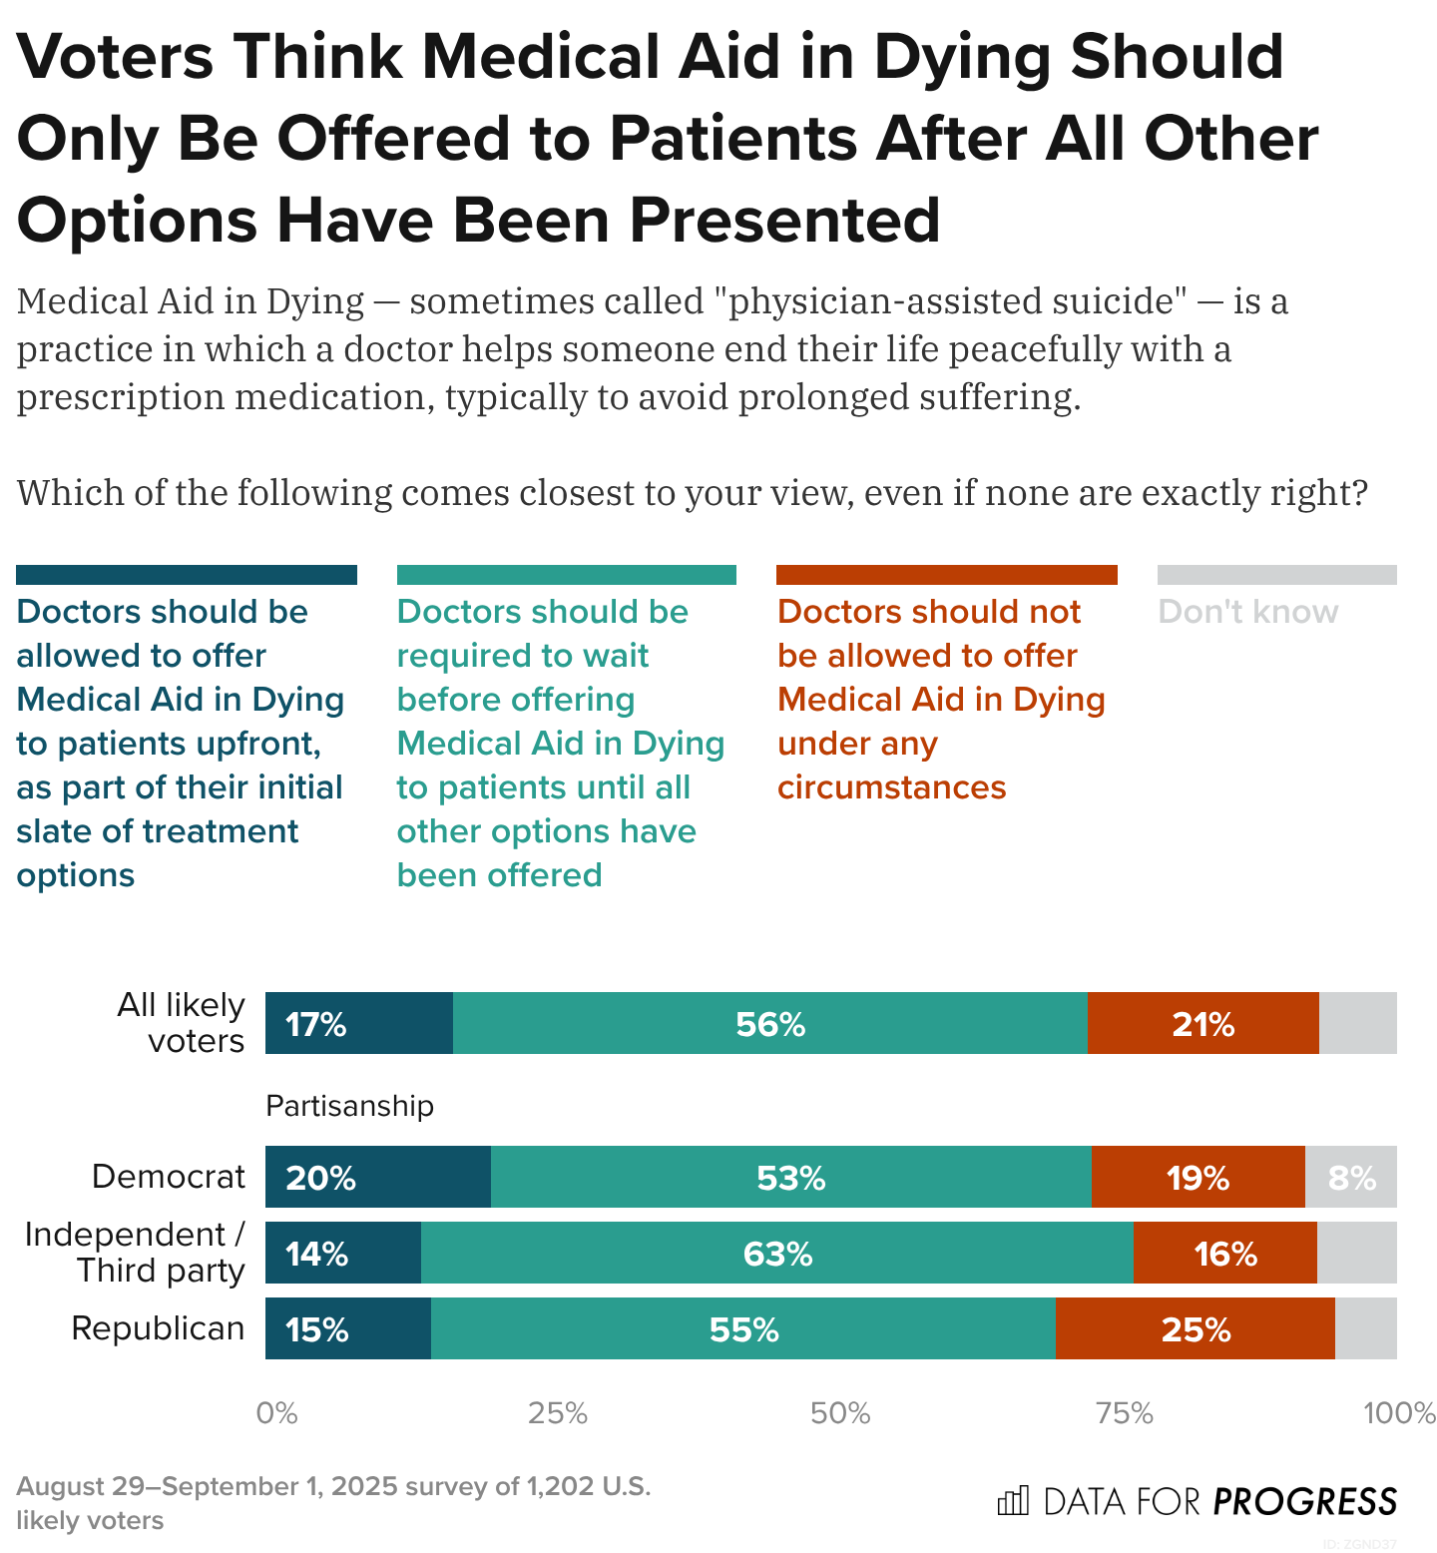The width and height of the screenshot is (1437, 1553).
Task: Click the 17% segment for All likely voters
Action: (x=358, y=1023)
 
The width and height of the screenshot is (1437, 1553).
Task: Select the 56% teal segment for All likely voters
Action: (x=769, y=1023)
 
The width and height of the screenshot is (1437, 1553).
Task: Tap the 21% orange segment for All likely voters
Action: (x=1202, y=1023)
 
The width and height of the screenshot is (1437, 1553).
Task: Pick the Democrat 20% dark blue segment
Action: (x=377, y=1177)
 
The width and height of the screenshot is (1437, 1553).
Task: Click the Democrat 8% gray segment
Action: (x=1351, y=1177)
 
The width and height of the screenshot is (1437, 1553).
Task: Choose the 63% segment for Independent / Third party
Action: (x=776, y=1253)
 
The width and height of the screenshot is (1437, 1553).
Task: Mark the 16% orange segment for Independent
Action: (x=1224, y=1253)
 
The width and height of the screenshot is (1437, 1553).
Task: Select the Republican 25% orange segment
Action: (x=1195, y=1328)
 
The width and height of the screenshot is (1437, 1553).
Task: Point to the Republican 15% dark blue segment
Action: (x=347, y=1328)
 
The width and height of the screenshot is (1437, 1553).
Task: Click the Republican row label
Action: (x=158, y=1328)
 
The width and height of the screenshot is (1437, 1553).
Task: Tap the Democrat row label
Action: (x=168, y=1177)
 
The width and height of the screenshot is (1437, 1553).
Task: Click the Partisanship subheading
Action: (x=349, y=1106)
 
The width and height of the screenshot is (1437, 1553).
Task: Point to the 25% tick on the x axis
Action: (x=558, y=1413)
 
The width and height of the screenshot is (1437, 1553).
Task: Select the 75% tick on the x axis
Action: (x=1125, y=1413)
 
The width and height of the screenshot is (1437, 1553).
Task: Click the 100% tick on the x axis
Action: (x=1399, y=1413)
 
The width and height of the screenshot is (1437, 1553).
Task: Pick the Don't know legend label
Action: (x=1247, y=612)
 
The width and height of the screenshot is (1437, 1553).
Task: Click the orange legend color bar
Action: (x=946, y=575)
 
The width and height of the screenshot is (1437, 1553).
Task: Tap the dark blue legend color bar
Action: (x=187, y=575)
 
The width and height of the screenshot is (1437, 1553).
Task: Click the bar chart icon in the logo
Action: (x=1013, y=1500)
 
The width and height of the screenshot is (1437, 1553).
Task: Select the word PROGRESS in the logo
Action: (x=1305, y=1501)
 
